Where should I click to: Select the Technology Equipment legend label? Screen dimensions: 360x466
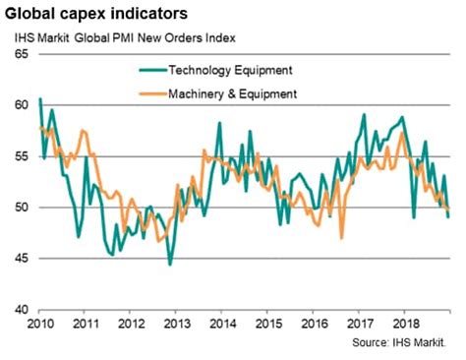[x=231, y=70]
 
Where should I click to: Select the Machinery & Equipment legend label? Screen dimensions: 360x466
[x=233, y=94]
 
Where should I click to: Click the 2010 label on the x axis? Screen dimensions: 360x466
[x=38, y=323]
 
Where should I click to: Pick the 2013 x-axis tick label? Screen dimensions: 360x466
[x=176, y=323]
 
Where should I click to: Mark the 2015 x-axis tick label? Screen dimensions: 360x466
[x=267, y=323]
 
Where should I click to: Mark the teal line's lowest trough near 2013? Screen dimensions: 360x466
[x=170, y=265]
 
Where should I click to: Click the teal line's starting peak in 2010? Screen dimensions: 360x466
[x=39, y=99]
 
